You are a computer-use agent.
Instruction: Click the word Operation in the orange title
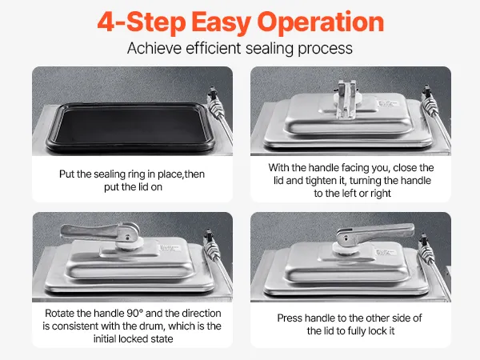click(x=321, y=22)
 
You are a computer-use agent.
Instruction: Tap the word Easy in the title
click(x=221, y=23)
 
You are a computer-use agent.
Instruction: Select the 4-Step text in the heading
click(x=142, y=23)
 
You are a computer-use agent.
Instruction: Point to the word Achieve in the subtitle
click(x=154, y=48)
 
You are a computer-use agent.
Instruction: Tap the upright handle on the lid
click(x=346, y=98)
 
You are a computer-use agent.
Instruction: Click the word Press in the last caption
click(x=290, y=318)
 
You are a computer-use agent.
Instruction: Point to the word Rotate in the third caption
click(x=59, y=313)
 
